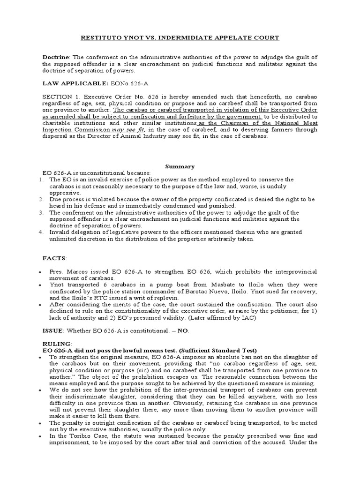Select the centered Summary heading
(x=180, y=166)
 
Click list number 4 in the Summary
(x=41, y=232)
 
